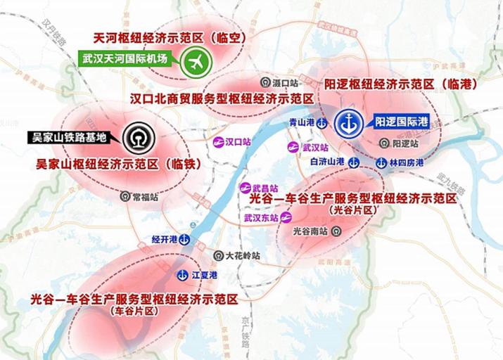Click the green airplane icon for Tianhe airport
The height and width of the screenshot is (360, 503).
click(196, 62)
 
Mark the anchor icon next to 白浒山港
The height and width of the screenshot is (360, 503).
click(353, 162)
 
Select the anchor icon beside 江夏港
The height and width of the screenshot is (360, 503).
click(184, 274)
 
